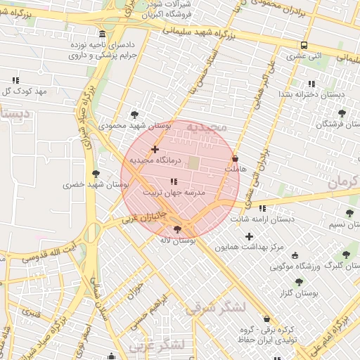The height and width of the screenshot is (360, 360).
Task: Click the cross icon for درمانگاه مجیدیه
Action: click(x=155, y=149)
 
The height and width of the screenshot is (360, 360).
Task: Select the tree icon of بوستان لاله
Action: click(x=176, y=229)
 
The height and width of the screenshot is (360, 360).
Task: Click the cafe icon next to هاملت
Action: click(x=235, y=159)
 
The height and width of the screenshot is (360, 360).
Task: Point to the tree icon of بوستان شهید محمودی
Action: click(x=134, y=114)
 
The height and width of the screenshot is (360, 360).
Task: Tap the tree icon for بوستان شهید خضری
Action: click(x=96, y=174)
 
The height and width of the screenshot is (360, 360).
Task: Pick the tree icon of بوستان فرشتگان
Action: click(x=342, y=112)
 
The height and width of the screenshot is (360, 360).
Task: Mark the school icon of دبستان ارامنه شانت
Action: click(x=262, y=208)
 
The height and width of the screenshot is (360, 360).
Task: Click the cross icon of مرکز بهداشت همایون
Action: click(x=249, y=236)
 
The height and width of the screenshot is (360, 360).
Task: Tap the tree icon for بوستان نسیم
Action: click(x=349, y=213)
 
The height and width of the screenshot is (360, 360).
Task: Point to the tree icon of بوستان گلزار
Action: click(x=299, y=281)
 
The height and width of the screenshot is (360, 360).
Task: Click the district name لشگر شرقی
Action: click(x=216, y=307)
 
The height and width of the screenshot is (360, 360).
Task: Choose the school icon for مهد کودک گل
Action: click(x=16, y=80)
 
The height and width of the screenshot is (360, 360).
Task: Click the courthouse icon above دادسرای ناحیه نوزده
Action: click(x=103, y=34)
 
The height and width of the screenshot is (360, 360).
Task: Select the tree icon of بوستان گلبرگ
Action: click(x=345, y=255)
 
